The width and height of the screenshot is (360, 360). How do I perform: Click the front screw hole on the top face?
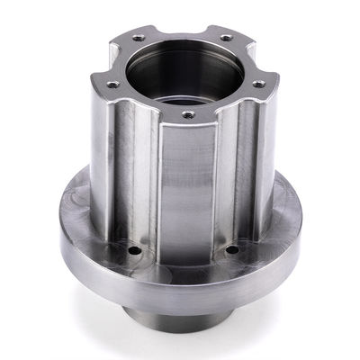(x=188, y=115)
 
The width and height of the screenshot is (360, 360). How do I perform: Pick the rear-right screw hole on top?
(x=225, y=38)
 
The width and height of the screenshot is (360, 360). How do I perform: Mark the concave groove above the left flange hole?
(x=140, y=180)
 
